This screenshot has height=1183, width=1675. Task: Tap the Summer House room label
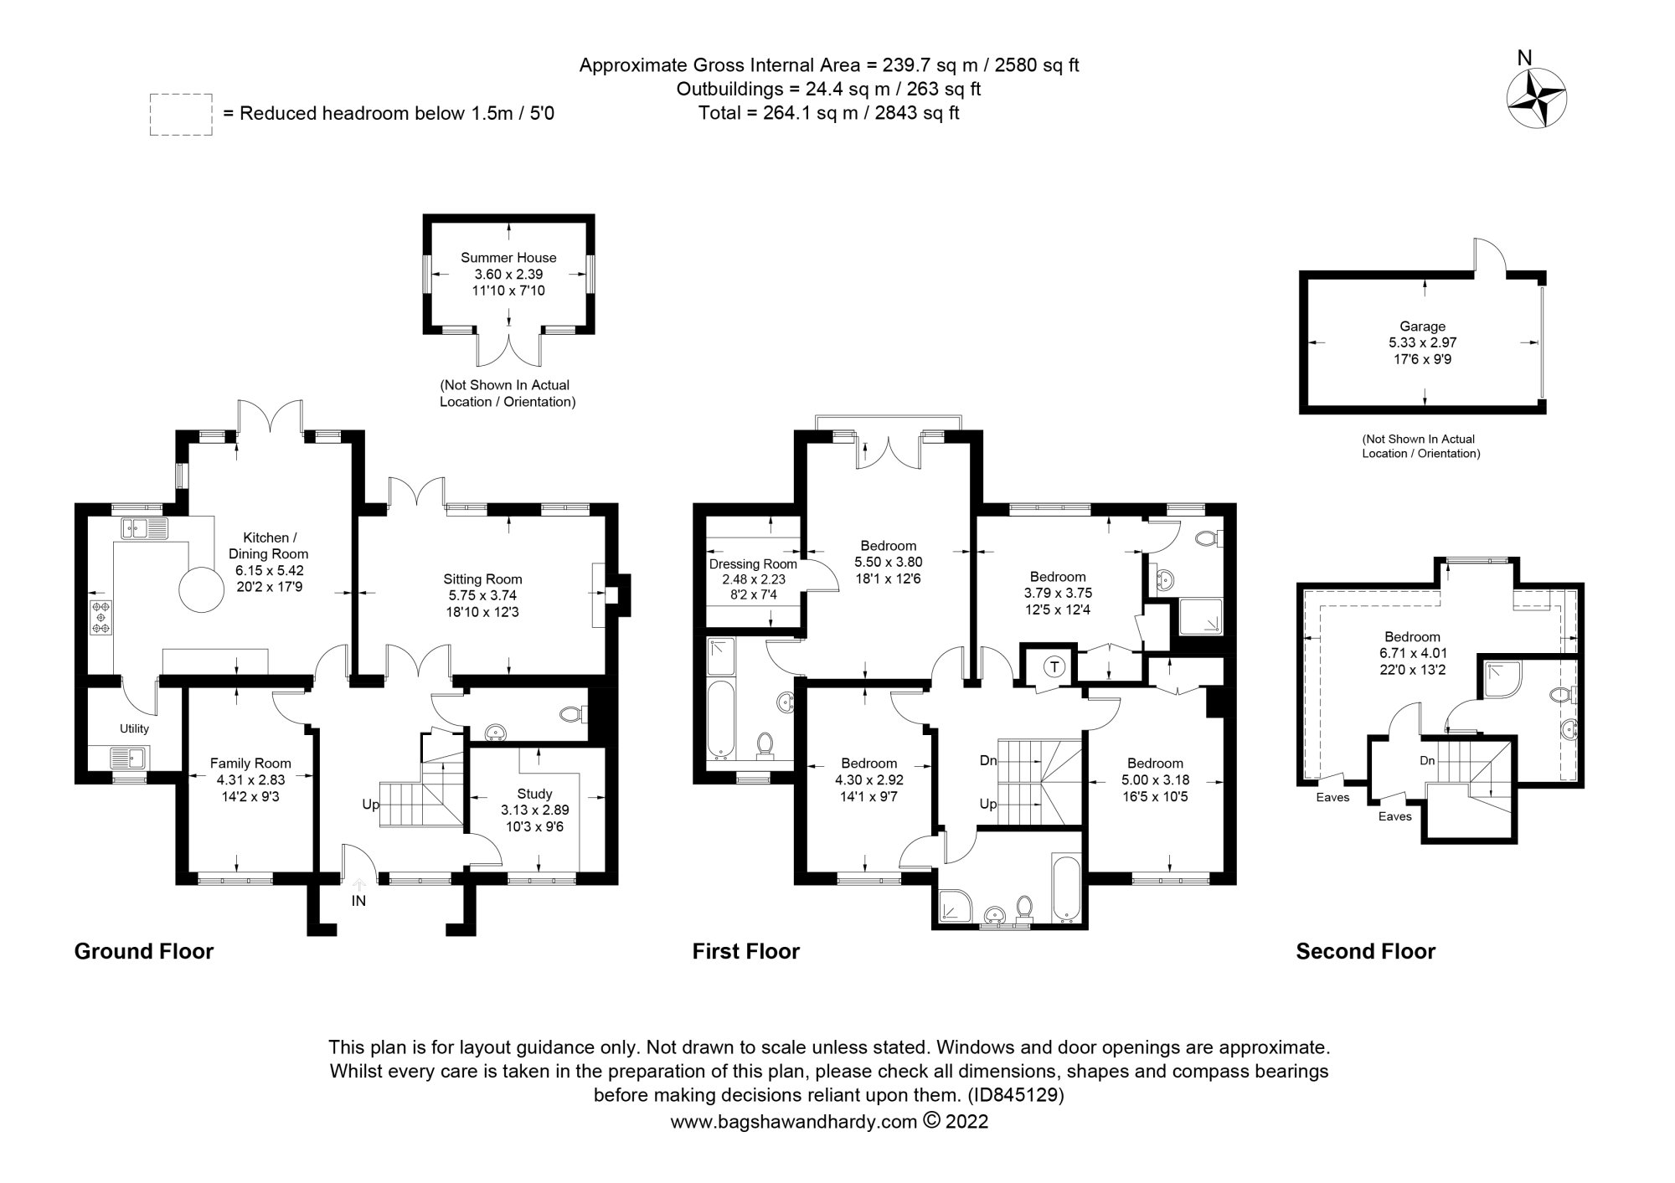(x=508, y=258)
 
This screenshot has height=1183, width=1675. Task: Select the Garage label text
(x=1422, y=327)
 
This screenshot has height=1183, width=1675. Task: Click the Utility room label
(x=134, y=728)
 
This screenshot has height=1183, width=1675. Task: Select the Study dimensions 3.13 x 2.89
(x=534, y=810)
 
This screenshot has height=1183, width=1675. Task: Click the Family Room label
(x=250, y=763)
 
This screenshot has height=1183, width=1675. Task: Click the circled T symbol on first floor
(x=1054, y=667)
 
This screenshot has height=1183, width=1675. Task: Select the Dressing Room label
(x=753, y=564)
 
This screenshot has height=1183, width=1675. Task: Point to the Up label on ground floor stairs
(x=370, y=805)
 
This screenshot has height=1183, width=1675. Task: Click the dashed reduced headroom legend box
(x=181, y=115)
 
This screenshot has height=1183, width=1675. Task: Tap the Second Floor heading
(x=1365, y=951)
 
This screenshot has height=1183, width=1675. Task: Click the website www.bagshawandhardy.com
(x=793, y=1122)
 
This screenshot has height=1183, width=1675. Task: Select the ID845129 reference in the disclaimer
(x=1015, y=1095)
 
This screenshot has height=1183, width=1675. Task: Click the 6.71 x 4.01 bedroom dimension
(x=1412, y=653)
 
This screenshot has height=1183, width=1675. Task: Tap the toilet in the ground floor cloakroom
(x=572, y=714)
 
